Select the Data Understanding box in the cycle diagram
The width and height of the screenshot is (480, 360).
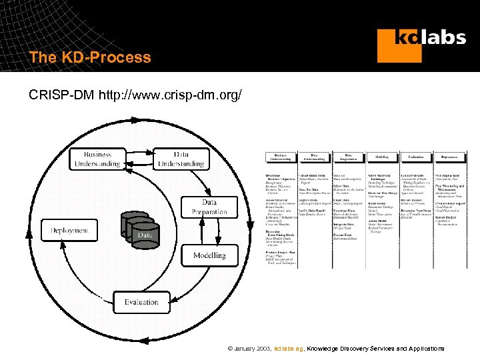click(x=180, y=159)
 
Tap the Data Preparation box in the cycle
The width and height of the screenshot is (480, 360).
click(x=209, y=207)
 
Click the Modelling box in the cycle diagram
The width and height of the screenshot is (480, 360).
click(x=209, y=255)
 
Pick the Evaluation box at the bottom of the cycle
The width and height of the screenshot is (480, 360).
click(x=141, y=302)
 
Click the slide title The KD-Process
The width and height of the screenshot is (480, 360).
click(x=90, y=57)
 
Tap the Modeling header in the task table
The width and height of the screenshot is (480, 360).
click(x=381, y=157)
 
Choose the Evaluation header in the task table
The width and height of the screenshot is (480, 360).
click(x=415, y=157)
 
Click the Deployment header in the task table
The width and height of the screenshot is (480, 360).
click(x=449, y=157)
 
